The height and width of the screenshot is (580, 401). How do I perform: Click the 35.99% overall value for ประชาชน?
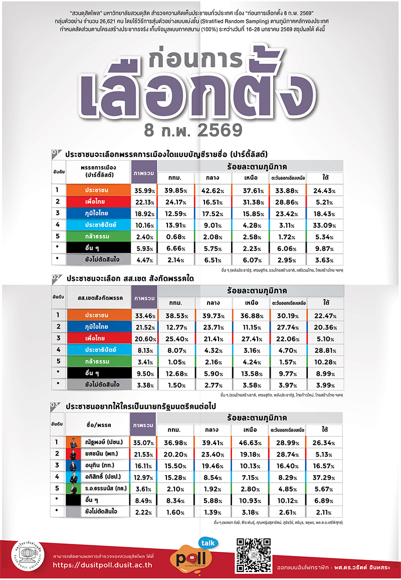click(x=144, y=191)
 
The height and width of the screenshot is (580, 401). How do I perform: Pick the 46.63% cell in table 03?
click(x=252, y=443)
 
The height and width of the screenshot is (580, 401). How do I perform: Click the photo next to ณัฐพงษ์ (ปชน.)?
click(x=74, y=443)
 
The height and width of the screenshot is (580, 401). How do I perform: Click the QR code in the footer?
click(x=253, y=555)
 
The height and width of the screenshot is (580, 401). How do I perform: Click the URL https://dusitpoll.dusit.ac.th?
click(x=102, y=565)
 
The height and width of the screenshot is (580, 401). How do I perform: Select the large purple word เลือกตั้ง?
click(x=200, y=90)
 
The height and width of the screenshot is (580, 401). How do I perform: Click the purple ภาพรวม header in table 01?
click(x=144, y=173)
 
